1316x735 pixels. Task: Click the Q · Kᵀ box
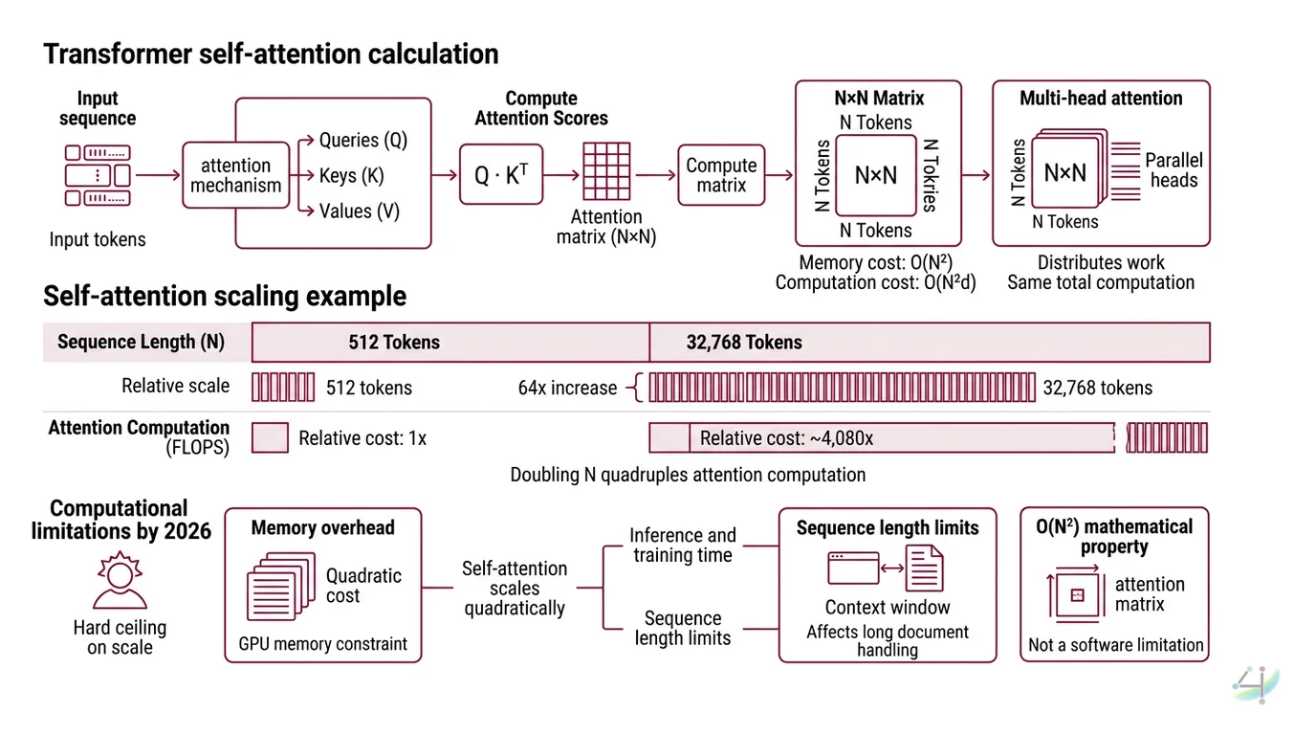tap(501, 174)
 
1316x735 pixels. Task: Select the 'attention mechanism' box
tap(235, 175)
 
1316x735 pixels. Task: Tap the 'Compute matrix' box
tap(721, 175)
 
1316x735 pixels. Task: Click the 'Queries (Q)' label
tap(363, 140)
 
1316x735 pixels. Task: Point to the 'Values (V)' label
tap(360, 212)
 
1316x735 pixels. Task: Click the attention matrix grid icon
tap(605, 171)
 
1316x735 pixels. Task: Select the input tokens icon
tap(98, 176)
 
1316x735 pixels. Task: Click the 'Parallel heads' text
tap(1173, 170)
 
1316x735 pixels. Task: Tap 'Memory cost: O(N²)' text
tap(875, 262)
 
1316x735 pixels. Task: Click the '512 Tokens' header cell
tap(394, 343)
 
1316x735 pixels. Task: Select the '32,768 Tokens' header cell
tap(744, 343)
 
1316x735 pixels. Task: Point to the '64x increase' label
tap(567, 388)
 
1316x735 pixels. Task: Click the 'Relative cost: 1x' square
tap(270, 438)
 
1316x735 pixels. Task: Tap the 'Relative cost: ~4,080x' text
tap(786, 438)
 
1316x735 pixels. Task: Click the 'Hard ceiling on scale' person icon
tap(120, 581)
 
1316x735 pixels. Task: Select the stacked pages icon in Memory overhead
tap(281, 586)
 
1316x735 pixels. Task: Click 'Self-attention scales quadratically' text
tap(515, 589)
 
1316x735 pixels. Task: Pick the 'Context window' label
tap(888, 608)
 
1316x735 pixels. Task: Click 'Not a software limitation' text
tap(1115, 645)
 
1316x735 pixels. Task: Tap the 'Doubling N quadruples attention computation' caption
tap(688, 475)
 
